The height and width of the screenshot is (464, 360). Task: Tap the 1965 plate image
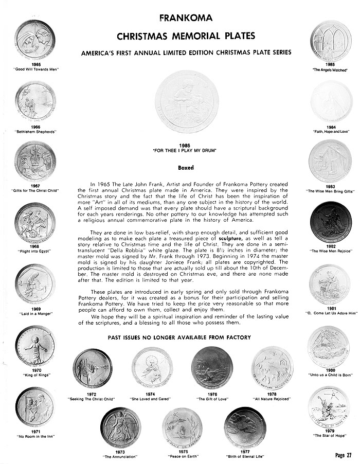[x=35, y=39]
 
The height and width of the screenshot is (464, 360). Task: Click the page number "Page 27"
[x=342, y=455]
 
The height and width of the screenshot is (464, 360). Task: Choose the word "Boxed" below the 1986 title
[x=186, y=168]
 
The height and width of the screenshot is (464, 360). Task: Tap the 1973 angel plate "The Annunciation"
[x=121, y=427]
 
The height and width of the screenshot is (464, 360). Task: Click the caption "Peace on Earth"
[x=182, y=456]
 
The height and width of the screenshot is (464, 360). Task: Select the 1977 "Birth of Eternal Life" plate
[x=245, y=427]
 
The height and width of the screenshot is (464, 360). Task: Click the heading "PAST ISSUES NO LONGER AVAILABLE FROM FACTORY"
[x=179, y=337]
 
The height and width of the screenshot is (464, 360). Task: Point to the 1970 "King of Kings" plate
[x=35, y=344]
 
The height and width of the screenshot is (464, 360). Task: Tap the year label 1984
[x=331, y=127]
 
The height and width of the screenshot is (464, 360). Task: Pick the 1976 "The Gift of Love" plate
[x=212, y=366]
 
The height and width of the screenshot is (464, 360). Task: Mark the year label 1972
[x=92, y=394]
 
